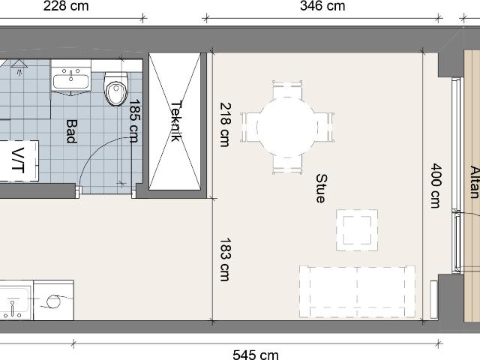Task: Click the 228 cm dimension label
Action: (66, 6)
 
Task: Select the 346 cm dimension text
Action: (322, 6)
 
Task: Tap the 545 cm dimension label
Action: (256, 355)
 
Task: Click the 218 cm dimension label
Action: (226, 124)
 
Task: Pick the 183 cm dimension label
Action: (225, 259)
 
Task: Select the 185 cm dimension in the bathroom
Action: (135, 121)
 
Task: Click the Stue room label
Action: (322, 188)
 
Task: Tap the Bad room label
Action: (72, 131)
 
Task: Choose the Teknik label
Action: (176, 121)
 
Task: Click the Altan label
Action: (474, 181)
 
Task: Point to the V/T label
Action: (18, 160)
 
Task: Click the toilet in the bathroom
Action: (115, 89)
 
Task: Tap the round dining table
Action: (287, 127)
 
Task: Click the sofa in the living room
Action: (357, 292)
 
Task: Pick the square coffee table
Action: (357, 230)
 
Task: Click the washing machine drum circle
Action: (53, 301)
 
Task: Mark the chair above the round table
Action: (287, 89)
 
